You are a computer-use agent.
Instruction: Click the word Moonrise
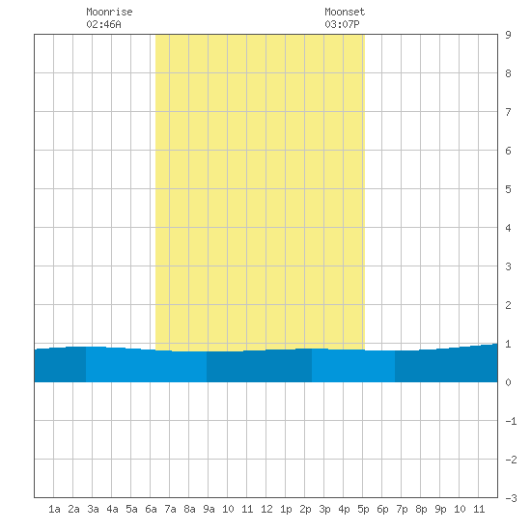[109, 12]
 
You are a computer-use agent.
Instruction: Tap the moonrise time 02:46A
[103, 24]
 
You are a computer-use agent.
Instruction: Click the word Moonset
[345, 12]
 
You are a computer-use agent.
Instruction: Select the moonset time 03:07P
[342, 24]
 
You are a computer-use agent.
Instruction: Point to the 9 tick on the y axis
[508, 35]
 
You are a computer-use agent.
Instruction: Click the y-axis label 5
[508, 189]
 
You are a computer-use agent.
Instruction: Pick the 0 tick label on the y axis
[508, 382]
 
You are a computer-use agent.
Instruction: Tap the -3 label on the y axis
[511, 498]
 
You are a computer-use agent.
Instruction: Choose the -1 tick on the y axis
[511, 421]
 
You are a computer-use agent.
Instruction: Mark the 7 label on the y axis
[508, 112]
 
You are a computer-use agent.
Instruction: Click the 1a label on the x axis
[54, 509]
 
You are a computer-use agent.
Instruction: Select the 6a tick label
[151, 509]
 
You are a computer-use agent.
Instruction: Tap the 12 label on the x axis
[266, 509]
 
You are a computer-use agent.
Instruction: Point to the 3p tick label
[324, 509]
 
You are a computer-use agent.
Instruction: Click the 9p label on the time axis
[440, 509]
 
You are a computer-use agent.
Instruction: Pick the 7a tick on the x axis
[170, 509]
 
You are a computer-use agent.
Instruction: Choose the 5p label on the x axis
[363, 509]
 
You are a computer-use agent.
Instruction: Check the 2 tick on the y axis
[508, 305]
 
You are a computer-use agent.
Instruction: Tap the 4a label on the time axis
[112, 509]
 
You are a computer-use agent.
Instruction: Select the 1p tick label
[286, 509]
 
